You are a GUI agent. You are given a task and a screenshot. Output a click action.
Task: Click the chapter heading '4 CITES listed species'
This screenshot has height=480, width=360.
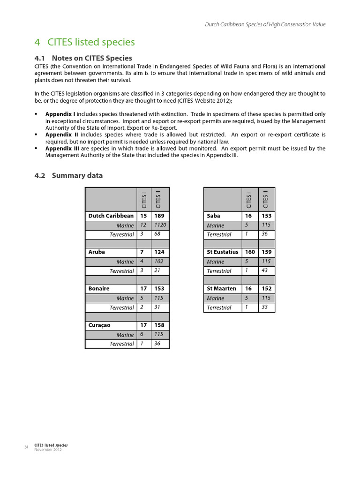click(85, 42)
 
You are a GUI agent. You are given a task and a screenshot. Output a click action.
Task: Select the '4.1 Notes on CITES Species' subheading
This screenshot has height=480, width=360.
click(83, 58)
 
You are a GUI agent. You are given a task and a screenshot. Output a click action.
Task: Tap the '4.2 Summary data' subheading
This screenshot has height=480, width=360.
click(68, 176)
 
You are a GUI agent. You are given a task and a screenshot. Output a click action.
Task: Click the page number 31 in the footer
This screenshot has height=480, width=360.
click(26, 447)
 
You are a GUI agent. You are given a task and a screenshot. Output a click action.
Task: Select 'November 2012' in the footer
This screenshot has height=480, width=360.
click(48, 450)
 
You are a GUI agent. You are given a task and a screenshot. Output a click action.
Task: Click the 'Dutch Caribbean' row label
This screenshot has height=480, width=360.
click(111, 216)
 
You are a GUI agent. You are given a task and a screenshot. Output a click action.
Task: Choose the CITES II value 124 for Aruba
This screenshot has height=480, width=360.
click(159, 252)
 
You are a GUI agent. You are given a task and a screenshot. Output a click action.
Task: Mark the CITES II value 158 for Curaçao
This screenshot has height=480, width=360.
click(159, 325)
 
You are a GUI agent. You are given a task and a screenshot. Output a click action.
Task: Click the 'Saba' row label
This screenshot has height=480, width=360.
click(213, 216)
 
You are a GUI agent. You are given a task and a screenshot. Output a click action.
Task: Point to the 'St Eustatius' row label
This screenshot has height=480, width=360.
click(223, 252)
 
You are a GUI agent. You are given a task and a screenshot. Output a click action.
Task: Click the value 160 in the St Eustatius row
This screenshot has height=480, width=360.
click(250, 252)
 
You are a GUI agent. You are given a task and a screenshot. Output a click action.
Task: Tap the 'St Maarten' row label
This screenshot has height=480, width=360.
click(221, 289)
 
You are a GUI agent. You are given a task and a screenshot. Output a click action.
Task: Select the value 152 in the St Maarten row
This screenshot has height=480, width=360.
click(267, 289)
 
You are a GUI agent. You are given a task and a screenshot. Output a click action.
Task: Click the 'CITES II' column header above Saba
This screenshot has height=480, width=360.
click(266, 199)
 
